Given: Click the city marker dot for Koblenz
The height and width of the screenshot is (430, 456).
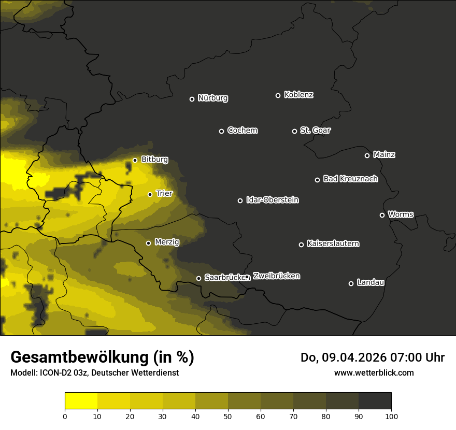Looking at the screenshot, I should point(278,95).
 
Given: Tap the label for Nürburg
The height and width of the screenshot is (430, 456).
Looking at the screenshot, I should point(213,98).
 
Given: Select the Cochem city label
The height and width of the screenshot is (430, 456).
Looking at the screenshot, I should point(242,131).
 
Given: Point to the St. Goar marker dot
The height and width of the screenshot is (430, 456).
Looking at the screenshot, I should point(294,131).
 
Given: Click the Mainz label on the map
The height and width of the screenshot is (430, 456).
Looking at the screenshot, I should point(384,155).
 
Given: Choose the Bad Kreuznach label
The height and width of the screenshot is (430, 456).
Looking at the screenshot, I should point(350,179).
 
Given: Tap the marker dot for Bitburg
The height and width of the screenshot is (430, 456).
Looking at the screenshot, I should point(135,160).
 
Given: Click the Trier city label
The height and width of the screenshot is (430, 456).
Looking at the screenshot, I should point(164,194).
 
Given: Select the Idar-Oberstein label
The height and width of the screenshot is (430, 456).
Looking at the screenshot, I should point(272,200).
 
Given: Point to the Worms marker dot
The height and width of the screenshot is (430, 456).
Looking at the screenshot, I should point(382,215).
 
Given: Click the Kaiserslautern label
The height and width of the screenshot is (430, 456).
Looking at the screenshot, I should point(333,244).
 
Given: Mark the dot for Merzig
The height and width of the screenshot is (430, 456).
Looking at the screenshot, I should point(148,243).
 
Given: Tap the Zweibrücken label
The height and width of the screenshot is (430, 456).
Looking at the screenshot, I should point(276,276).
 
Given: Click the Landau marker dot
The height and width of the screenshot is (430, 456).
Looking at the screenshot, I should point(351,283).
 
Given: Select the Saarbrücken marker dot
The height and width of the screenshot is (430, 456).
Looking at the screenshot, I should point(198,278).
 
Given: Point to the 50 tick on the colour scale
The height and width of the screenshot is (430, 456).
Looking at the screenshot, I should point(228,415).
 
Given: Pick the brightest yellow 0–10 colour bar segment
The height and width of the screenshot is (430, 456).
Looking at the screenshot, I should point(81,401).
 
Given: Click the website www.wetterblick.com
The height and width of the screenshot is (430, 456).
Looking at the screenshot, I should point(374,372).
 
